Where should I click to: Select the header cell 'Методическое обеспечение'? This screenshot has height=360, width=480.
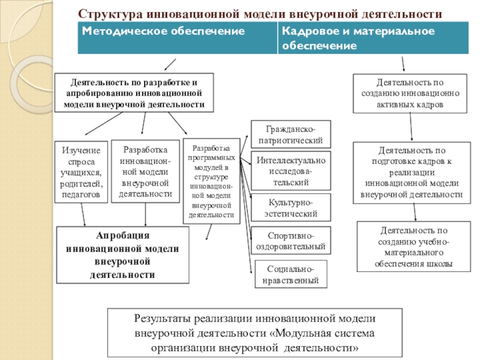click(x=177, y=38)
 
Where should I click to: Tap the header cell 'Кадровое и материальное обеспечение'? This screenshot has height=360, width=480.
click(x=373, y=38)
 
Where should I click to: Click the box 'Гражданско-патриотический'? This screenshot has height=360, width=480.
click(x=290, y=134)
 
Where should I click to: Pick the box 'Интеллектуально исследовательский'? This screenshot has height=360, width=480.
click(x=290, y=171)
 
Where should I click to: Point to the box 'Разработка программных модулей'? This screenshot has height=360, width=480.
click(x=211, y=181)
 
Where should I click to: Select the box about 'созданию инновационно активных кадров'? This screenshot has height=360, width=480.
click(x=410, y=93)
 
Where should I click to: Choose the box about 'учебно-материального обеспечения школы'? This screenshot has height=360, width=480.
click(x=413, y=247)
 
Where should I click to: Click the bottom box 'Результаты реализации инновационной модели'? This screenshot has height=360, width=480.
click(x=247, y=333)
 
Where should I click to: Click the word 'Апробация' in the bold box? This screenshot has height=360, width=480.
click(x=122, y=235)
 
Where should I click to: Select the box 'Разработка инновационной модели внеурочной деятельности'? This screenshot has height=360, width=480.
click(x=146, y=172)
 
